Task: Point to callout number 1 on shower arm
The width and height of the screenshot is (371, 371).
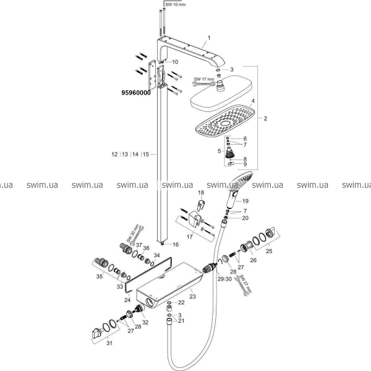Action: click(x=209, y=38)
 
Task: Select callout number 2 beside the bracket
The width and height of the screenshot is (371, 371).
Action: click(x=265, y=118)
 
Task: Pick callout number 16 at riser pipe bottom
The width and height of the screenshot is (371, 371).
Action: click(x=176, y=244)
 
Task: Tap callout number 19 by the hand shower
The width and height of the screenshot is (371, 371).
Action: click(x=245, y=202)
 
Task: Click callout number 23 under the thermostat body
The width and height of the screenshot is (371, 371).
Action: click(x=192, y=297)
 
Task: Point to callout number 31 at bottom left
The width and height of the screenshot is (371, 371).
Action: click(x=109, y=344)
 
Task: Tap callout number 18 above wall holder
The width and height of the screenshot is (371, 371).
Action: click(x=200, y=194)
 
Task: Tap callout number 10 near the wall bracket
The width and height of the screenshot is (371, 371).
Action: click(x=174, y=62)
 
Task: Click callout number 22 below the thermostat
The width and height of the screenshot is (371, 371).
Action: click(x=181, y=302)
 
